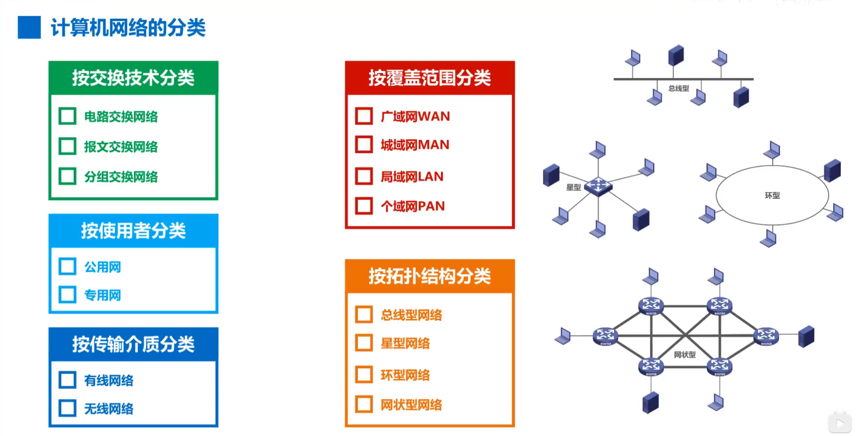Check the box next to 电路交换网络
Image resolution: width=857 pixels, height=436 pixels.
67,116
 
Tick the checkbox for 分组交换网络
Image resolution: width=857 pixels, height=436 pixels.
67,176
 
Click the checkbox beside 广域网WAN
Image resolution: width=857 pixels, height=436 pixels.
364,116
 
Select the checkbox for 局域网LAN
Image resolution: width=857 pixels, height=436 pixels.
364,176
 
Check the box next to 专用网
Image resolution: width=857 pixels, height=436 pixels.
67,295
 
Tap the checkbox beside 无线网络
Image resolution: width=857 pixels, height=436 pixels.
67,408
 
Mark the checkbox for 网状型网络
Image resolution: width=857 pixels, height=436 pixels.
364,404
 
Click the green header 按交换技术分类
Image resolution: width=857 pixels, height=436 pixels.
133,78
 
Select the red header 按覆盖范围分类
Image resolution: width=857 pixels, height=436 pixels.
430,78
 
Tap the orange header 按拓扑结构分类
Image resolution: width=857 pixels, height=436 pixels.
430,276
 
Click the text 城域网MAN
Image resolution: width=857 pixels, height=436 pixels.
415,145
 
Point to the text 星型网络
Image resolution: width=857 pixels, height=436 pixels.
405,344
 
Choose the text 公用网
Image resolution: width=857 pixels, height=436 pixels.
103,267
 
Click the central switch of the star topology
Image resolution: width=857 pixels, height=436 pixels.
599,186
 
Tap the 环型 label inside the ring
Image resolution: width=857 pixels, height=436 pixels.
772,195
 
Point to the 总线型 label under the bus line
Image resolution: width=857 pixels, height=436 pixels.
679,88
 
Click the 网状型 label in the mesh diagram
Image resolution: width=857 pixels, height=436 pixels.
685,354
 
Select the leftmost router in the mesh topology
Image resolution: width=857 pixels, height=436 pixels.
605,336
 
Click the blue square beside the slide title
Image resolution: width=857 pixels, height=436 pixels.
29,27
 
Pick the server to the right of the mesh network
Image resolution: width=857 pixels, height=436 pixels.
806,337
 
